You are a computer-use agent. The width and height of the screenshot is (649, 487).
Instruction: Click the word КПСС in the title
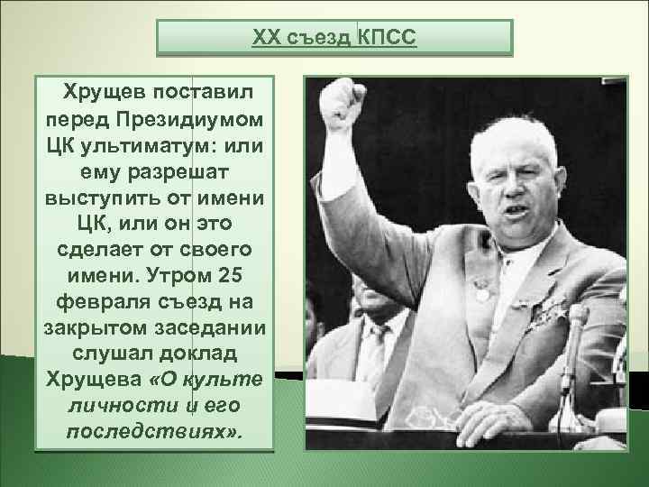coord(388,38)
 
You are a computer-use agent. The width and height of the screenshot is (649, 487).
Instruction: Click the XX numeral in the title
coord(266,38)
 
